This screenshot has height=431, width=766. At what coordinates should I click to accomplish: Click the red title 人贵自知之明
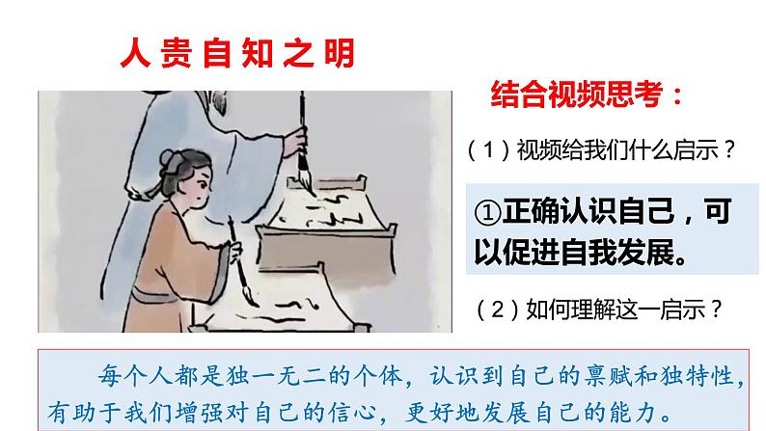(237, 52)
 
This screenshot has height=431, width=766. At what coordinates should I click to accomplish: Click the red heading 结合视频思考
(588, 96)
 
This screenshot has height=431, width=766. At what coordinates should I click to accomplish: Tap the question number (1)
(488, 150)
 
